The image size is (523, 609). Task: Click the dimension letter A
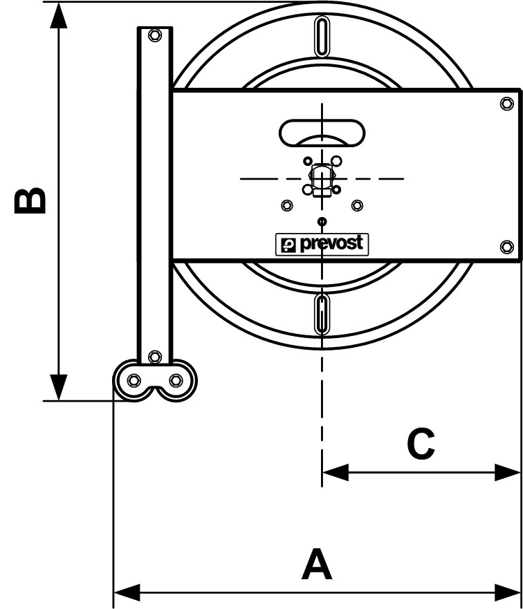(x=317, y=565)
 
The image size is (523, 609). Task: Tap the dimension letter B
(x=32, y=200)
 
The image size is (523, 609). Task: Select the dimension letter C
(x=421, y=444)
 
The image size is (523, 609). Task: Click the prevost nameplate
(x=322, y=244)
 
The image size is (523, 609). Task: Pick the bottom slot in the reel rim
(x=322, y=315)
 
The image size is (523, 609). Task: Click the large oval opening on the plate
(x=322, y=132)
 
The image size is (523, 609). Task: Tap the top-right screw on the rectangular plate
(x=506, y=104)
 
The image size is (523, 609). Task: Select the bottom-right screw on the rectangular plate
(x=506, y=246)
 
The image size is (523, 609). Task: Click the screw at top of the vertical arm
(x=154, y=35)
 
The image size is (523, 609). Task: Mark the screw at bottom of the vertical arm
(x=154, y=357)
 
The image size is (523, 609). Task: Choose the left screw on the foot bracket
(x=134, y=379)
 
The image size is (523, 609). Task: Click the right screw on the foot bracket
(x=176, y=379)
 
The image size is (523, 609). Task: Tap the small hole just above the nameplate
(x=322, y=221)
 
